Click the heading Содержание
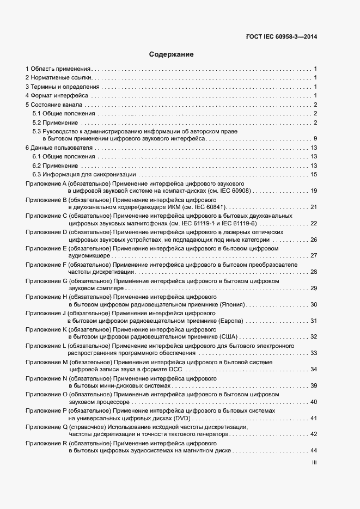tap(172, 54)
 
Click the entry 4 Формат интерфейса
tap(53, 96)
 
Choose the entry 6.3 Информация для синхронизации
tap(84, 174)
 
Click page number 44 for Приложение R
tap(313, 451)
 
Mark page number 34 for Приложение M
tap(313, 369)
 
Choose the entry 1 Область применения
tap(58, 69)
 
